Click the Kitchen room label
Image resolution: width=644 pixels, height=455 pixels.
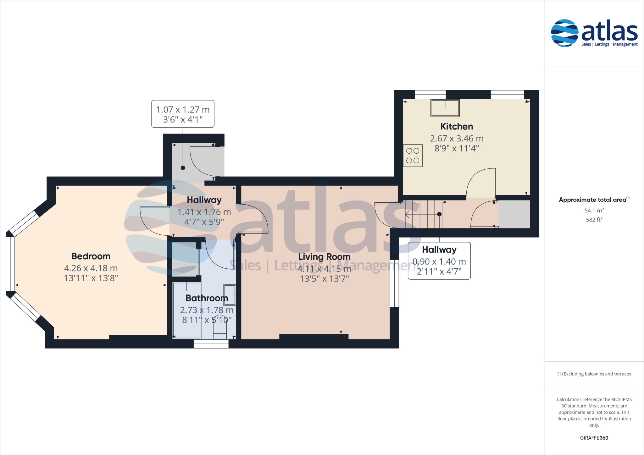point(457,127)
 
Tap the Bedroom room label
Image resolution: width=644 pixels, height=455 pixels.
point(91,256)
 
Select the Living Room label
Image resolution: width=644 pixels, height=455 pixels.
point(324,257)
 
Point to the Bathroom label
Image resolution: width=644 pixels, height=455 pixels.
point(207,298)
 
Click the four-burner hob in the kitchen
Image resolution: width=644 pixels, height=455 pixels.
point(413,156)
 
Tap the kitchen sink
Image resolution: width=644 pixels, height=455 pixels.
point(445,108)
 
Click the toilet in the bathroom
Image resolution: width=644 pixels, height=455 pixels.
point(220,331)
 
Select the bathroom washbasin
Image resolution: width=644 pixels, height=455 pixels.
point(230,294)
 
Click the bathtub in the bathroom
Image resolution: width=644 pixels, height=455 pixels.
point(187,310)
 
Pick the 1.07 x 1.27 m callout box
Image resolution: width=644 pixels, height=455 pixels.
point(183,114)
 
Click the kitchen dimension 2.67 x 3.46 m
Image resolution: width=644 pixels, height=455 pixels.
point(457,139)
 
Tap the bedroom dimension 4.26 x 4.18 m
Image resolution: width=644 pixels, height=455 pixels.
point(91,268)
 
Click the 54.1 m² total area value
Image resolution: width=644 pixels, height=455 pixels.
point(594,211)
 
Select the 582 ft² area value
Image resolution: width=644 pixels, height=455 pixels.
point(594,220)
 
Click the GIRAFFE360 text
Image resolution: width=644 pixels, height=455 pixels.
point(594,438)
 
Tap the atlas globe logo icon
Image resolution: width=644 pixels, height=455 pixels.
point(564,33)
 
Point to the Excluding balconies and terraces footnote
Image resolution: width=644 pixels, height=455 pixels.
point(594,374)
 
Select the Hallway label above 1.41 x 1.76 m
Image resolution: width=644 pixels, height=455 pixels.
point(204,200)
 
